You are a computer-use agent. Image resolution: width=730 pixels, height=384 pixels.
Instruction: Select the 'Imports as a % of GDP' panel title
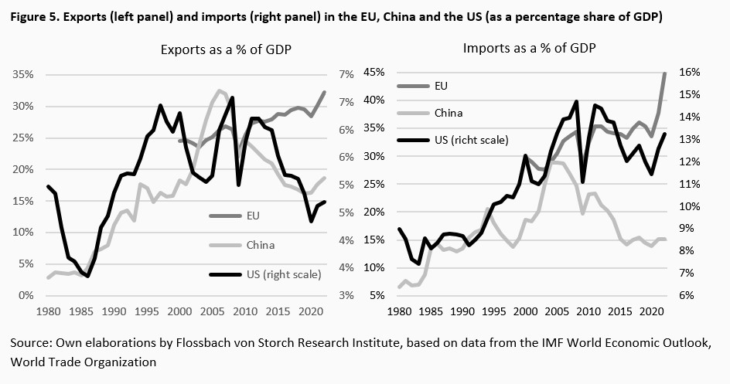[530, 48]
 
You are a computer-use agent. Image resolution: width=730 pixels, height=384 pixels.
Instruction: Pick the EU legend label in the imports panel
[442, 85]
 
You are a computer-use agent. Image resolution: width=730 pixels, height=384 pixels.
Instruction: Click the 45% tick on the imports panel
[374, 72]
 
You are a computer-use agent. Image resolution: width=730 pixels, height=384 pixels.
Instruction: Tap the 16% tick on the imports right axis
[690, 72]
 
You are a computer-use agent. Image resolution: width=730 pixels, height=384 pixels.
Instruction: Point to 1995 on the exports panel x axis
[146, 313]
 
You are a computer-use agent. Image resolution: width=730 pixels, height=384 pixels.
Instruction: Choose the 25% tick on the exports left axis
[22, 138]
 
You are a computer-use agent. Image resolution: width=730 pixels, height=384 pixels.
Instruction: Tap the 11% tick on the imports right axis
[690, 184]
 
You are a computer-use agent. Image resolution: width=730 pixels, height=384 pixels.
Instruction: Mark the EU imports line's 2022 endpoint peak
[664, 73]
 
